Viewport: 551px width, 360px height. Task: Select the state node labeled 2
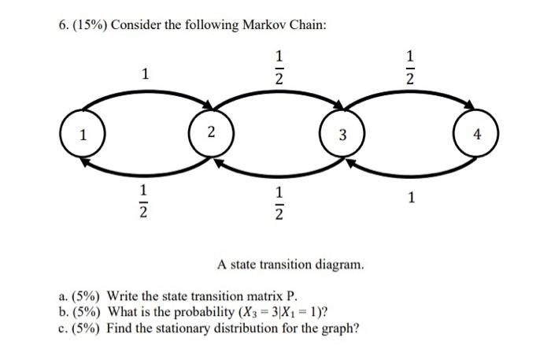(x=210, y=135)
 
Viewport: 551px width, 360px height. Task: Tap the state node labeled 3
(x=342, y=135)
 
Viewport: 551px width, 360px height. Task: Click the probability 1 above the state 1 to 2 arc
(x=145, y=75)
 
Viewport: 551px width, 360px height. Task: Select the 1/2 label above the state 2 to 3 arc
(x=277, y=69)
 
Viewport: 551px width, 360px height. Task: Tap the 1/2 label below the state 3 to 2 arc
(x=277, y=202)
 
